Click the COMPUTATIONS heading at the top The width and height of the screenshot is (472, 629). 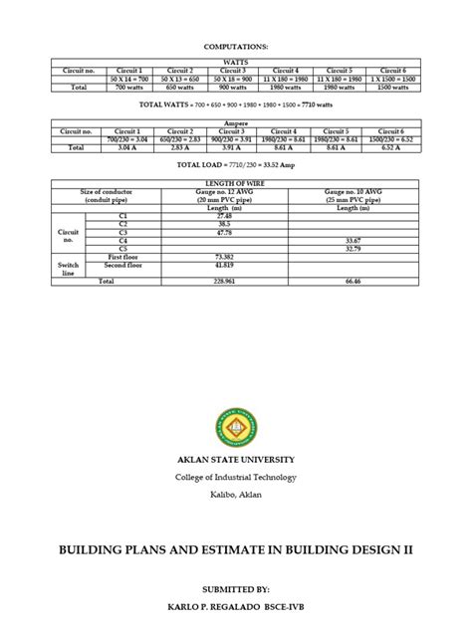[235, 46]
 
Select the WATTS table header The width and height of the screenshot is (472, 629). [235, 62]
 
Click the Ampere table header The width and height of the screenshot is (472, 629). [235, 124]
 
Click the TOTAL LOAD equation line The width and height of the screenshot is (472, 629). [235, 165]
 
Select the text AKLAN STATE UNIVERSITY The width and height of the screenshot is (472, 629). [236, 460]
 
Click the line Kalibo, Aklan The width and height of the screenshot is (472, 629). [236, 495]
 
